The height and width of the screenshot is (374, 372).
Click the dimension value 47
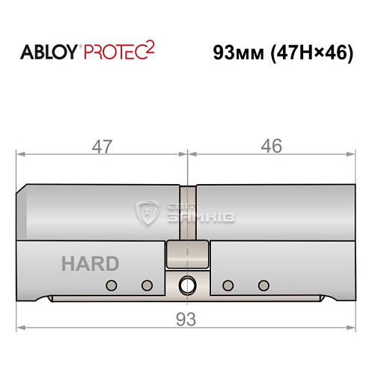click(x=101, y=147)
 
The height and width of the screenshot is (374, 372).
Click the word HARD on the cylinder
click(x=90, y=263)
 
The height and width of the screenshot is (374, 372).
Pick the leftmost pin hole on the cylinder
click(x=112, y=285)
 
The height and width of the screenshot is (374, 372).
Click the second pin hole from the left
click(x=147, y=285)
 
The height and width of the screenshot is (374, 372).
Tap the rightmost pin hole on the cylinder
click(x=263, y=285)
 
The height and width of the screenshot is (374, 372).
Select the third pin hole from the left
click(x=228, y=285)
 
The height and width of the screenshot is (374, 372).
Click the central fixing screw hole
click(x=186, y=285)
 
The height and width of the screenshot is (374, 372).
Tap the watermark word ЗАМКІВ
click(x=186, y=217)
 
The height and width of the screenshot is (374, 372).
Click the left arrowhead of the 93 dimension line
click(x=21, y=328)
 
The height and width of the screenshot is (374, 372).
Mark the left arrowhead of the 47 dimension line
click(x=21, y=155)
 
